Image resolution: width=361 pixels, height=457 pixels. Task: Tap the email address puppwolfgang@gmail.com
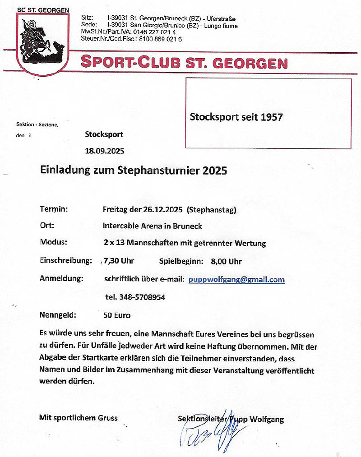tap(236, 280)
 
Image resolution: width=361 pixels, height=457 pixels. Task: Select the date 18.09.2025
tap(104, 151)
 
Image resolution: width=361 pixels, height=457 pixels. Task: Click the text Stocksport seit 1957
tap(236, 117)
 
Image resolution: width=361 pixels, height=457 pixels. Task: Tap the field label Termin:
tap(54, 209)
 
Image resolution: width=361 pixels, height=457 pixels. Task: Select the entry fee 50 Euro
tap(117, 315)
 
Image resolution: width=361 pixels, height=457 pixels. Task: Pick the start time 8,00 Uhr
tap(226, 262)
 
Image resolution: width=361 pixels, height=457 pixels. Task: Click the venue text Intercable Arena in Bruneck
tap(153, 226)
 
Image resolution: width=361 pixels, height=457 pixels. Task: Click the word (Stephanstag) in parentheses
tap(211, 210)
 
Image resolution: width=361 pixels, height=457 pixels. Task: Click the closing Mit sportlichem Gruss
tap(79, 418)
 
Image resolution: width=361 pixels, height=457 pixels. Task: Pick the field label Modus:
tap(54, 242)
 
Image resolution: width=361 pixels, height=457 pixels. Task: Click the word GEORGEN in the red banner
tap(250, 63)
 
